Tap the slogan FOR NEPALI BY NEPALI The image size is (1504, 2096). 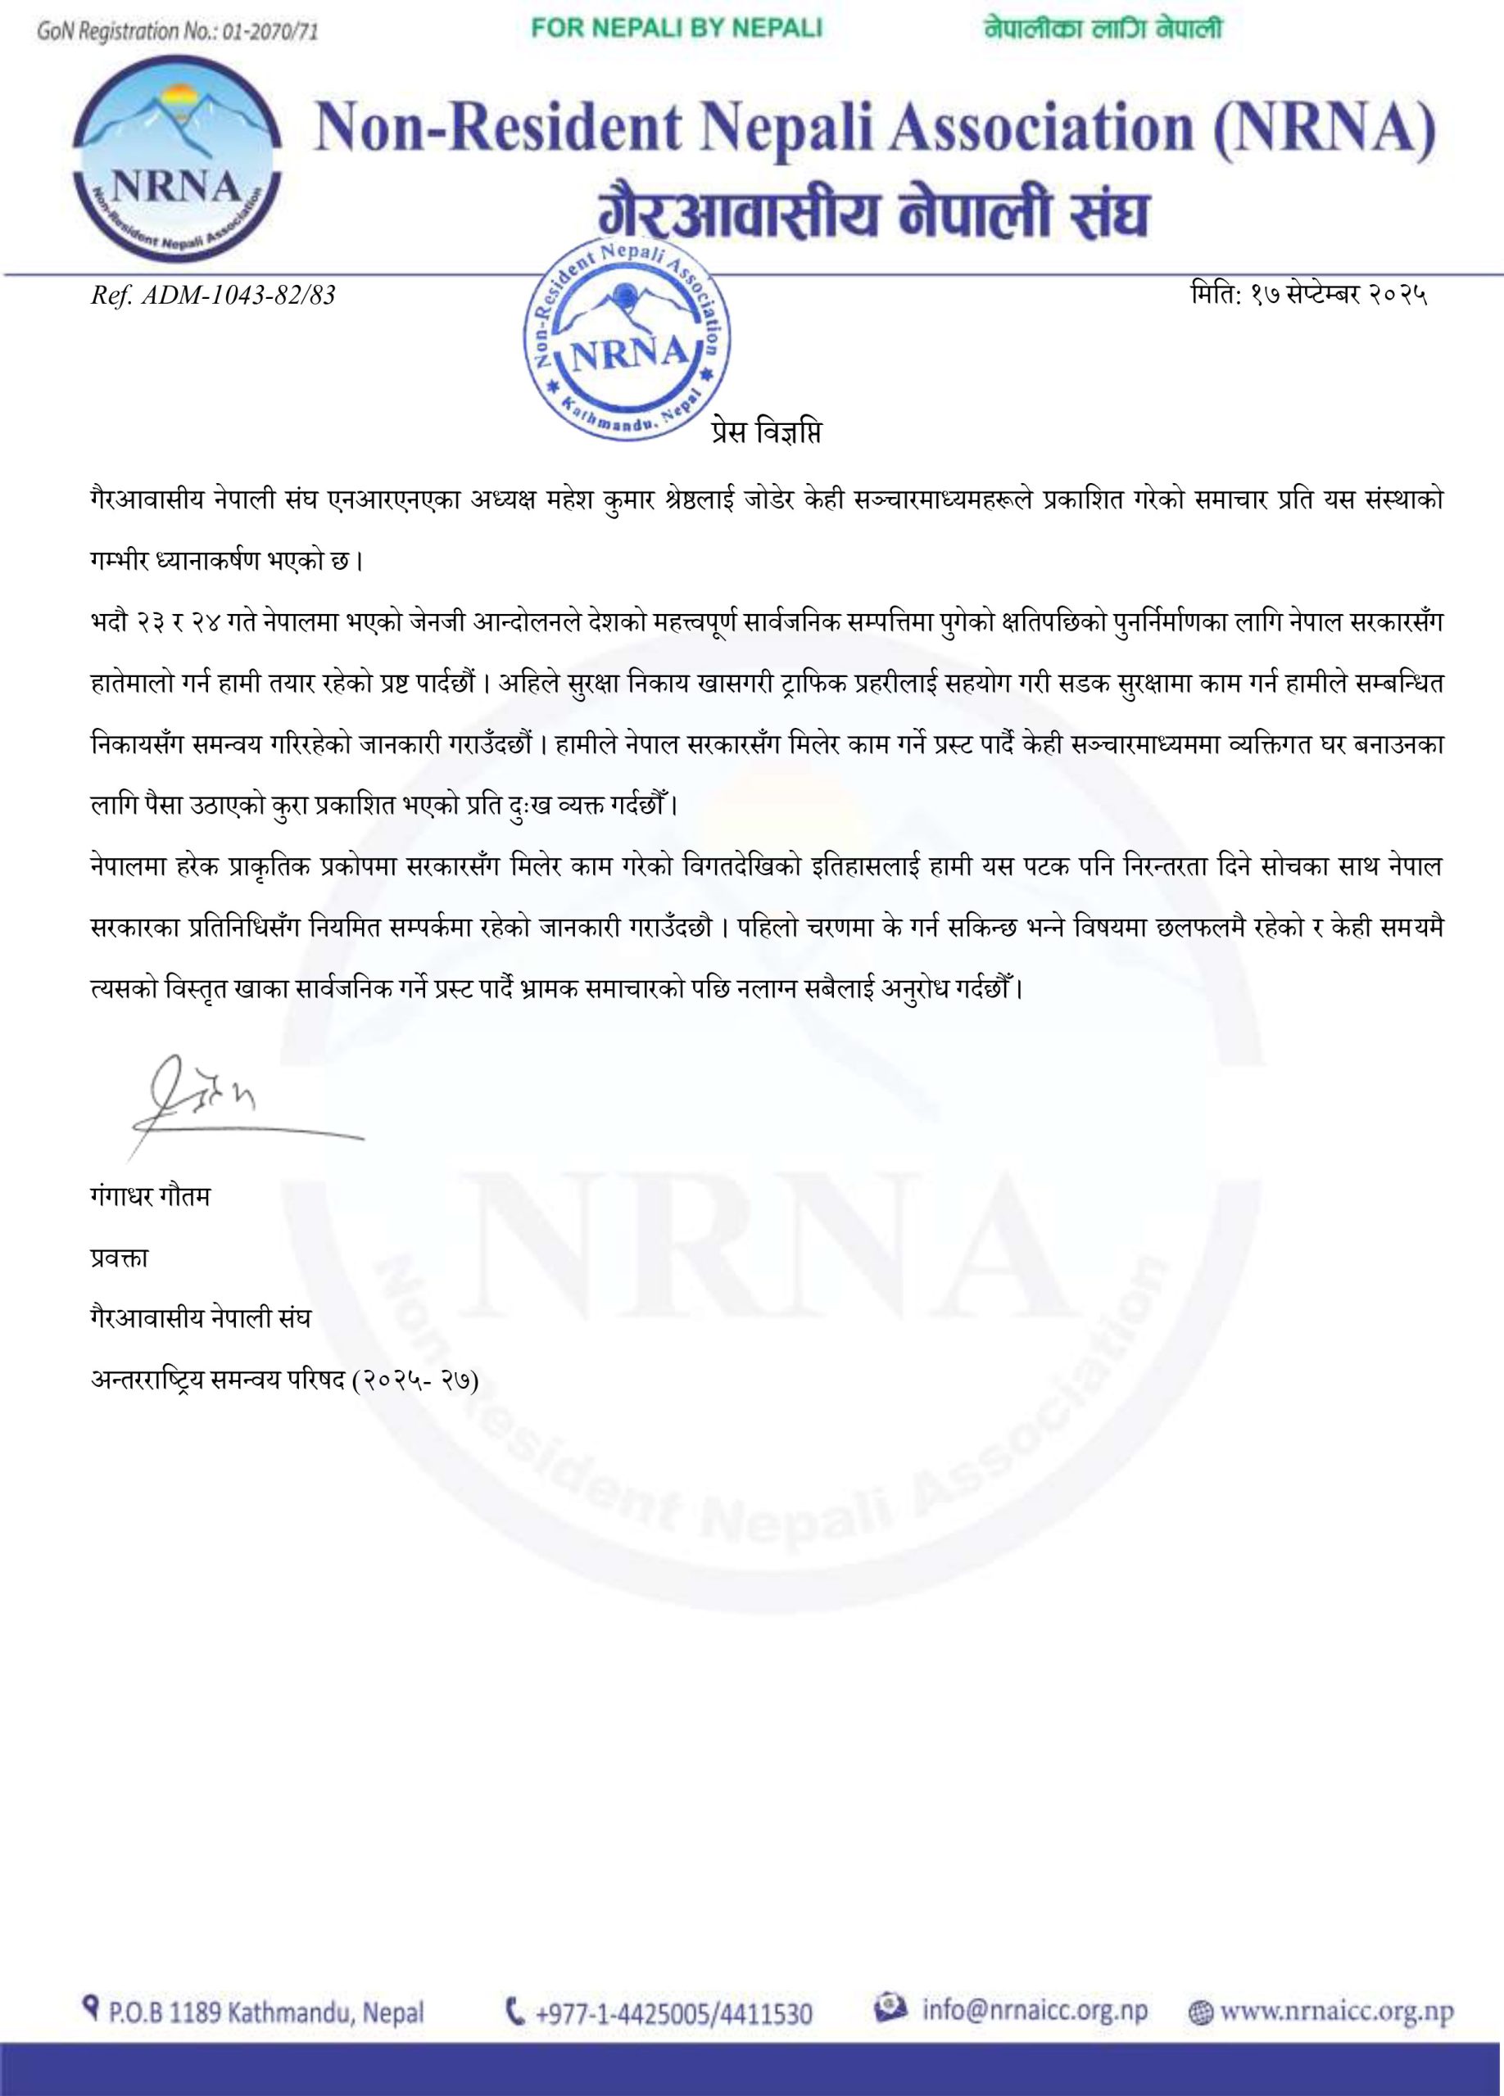(677, 29)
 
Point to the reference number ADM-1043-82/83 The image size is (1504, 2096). (213, 296)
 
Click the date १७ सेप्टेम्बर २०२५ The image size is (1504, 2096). (1309, 296)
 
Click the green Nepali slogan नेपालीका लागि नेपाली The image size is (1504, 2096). (1103, 29)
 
